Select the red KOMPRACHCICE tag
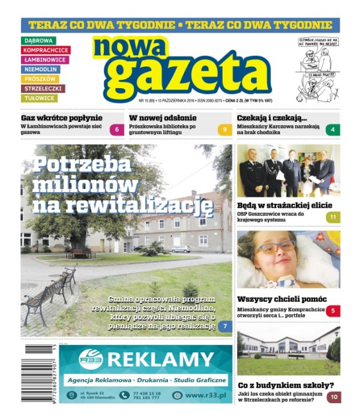coord(46,50)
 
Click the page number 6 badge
coord(117,130)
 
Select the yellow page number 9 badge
coord(224,130)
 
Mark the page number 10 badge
coord(333,397)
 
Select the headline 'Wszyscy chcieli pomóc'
coord(282,299)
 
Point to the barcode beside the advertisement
coord(40,373)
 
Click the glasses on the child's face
coord(277,247)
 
